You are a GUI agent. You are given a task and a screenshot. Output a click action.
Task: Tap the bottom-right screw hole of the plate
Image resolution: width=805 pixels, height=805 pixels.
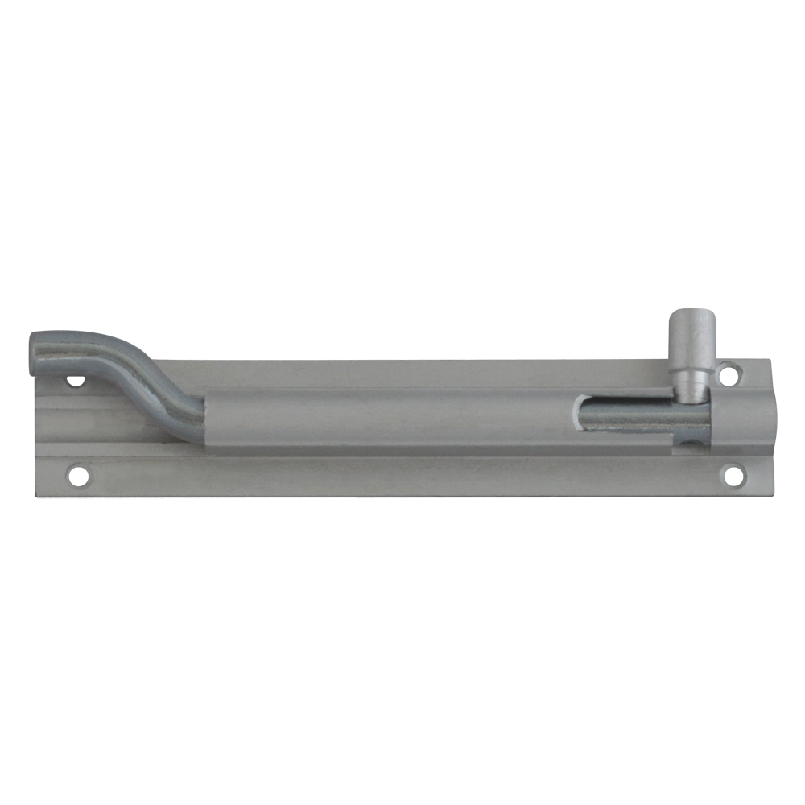click(x=733, y=476)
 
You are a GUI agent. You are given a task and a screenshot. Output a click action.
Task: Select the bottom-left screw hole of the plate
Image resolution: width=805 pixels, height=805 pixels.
click(x=79, y=475)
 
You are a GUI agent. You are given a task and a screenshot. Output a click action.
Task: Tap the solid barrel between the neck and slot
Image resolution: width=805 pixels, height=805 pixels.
click(x=386, y=419)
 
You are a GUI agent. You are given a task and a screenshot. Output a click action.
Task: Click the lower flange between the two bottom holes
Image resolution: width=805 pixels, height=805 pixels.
click(x=402, y=477)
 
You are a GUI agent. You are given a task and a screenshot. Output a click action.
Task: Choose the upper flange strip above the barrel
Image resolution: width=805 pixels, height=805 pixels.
click(x=443, y=372)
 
